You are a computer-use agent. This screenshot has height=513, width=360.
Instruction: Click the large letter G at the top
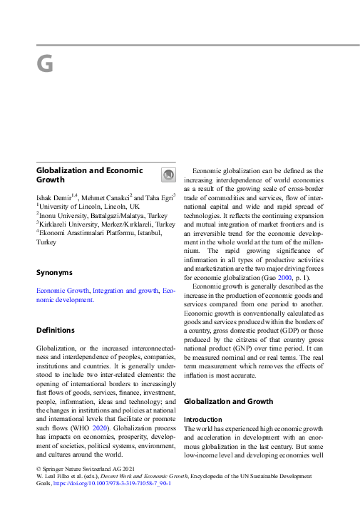tap(45, 64)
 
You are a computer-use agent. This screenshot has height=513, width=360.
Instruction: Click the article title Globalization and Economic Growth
tap(89, 175)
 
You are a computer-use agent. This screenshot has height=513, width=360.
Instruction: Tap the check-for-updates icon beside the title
tap(168, 175)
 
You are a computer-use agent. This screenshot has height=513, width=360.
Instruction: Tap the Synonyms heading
tap(54, 272)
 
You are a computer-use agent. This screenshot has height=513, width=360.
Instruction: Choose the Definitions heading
tap(56, 330)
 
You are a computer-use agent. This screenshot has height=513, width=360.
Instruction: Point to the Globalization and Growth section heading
tap(228, 401)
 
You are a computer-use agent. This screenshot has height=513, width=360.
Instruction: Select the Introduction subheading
tap(202, 420)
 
